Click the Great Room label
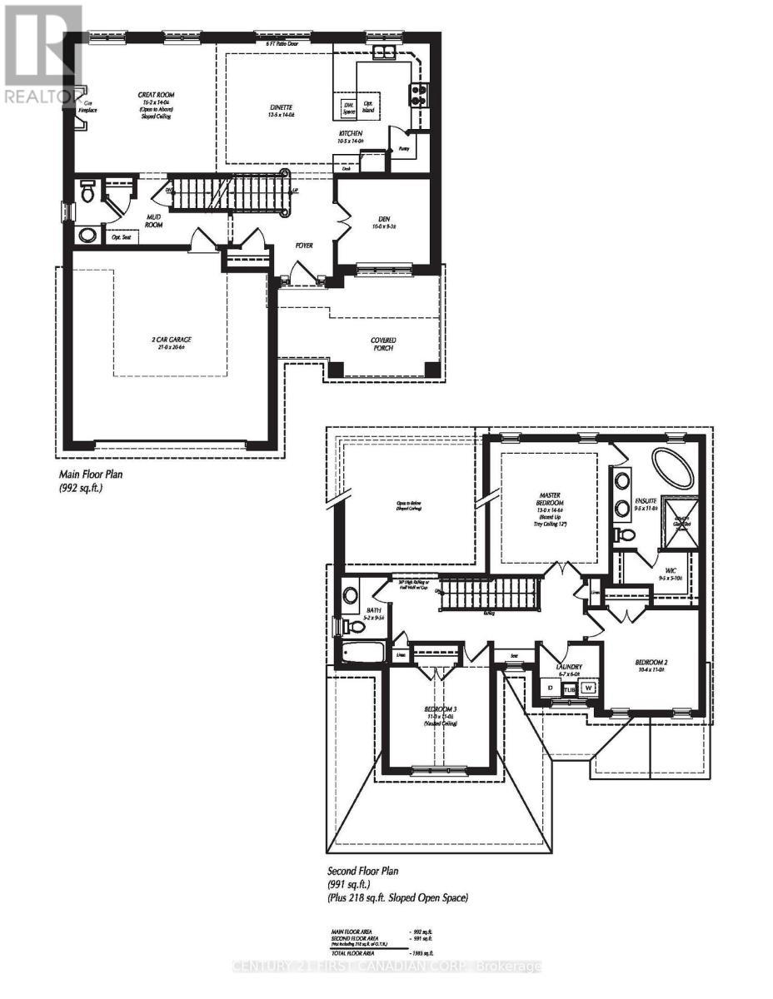point(156,96)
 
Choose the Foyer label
point(303,246)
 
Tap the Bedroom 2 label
point(653,663)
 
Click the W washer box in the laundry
point(589,688)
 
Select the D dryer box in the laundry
point(550,688)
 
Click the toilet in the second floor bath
point(350,595)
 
